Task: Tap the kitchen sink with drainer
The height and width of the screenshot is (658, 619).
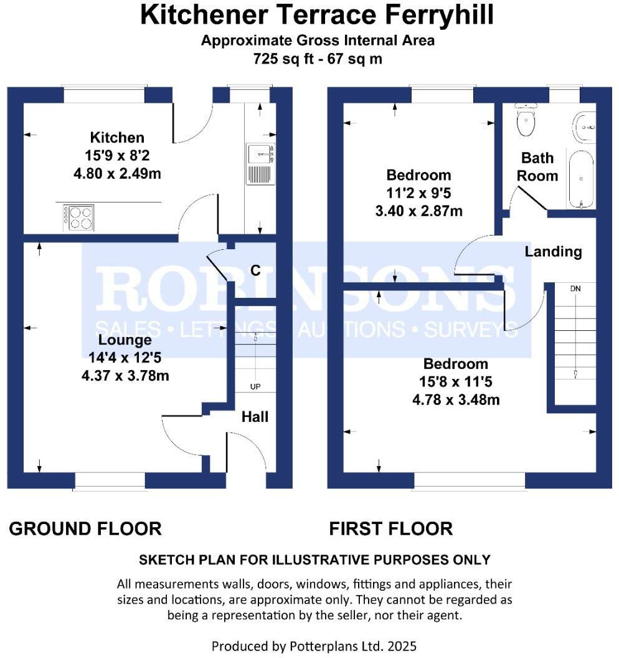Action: pyautogui.click(x=260, y=163)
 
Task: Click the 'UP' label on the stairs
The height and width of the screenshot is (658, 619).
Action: pyautogui.click(x=255, y=387)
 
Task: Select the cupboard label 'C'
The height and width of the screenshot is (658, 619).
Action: pyautogui.click(x=255, y=270)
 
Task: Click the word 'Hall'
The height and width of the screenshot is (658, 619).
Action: pyautogui.click(x=255, y=417)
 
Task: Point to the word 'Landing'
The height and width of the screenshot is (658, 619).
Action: pyautogui.click(x=553, y=252)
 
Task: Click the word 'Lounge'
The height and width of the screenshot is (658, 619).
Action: pyautogui.click(x=125, y=340)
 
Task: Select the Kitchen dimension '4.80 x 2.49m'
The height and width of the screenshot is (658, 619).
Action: pyautogui.click(x=117, y=173)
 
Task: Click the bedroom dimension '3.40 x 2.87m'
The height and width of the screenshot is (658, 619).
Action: pyautogui.click(x=418, y=211)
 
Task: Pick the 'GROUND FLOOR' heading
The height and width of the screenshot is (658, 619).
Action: pyautogui.click(x=85, y=529)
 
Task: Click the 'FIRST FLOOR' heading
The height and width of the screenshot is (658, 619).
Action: pyautogui.click(x=390, y=529)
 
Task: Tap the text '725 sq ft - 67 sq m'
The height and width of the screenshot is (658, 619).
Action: pyautogui.click(x=318, y=59)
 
